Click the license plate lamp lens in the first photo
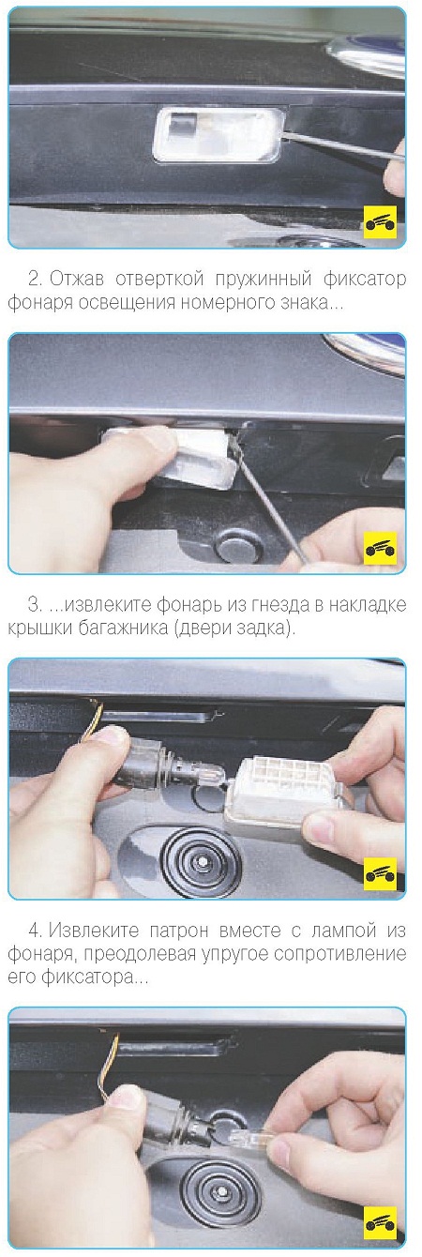click(x=219, y=135)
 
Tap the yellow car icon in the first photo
click(x=381, y=223)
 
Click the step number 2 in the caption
click(x=35, y=279)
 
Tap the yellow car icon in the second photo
click(x=381, y=548)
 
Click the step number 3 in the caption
click(x=35, y=605)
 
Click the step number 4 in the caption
click(x=36, y=931)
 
